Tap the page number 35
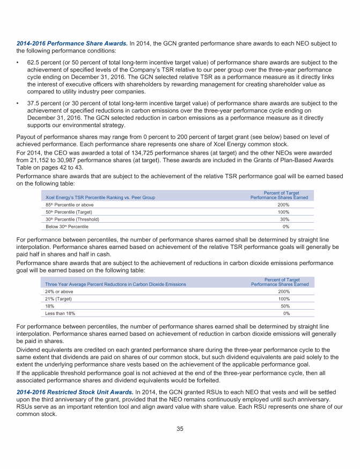point(180,429)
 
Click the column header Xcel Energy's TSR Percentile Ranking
point(100,197)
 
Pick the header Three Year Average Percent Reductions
point(115,284)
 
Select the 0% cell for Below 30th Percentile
point(286,226)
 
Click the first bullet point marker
point(18,63)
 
